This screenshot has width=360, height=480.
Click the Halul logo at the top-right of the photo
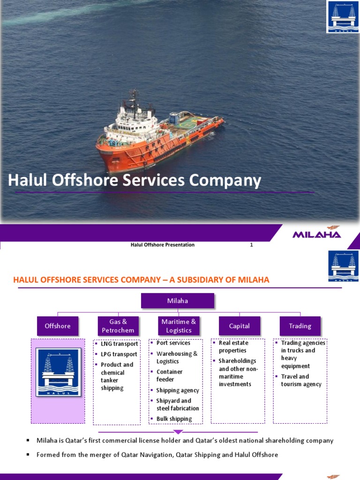[342, 17]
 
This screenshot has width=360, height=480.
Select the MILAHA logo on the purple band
[317, 234]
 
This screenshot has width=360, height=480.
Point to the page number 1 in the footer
[251, 245]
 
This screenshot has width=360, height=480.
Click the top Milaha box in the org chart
[177, 300]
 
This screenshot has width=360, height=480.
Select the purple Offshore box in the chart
[58, 326]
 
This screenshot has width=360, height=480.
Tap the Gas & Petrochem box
[118, 326]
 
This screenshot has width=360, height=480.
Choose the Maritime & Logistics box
[179, 326]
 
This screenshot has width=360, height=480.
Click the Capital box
[239, 326]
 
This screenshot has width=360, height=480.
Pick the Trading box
[300, 326]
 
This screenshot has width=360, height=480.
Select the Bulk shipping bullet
[174, 419]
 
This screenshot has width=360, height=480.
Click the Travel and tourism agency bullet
[301, 380]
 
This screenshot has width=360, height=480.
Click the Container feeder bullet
[169, 375]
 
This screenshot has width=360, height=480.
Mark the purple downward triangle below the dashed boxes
[178, 432]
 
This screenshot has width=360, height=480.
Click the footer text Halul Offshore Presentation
[162, 245]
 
